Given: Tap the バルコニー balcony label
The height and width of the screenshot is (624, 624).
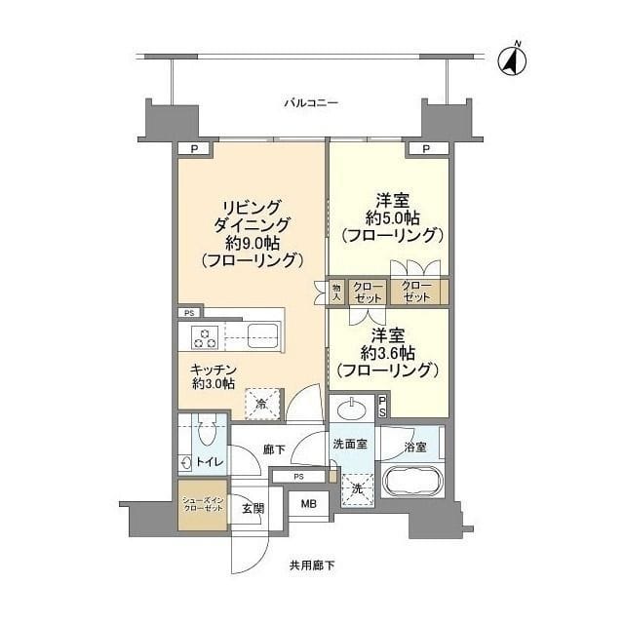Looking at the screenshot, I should pyautogui.click(x=311, y=101).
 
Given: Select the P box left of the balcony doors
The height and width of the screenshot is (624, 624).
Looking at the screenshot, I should pyautogui.click(x=194, y=148).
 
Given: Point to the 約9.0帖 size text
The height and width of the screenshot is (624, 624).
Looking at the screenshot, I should pyautogui.click(x=252, y=244).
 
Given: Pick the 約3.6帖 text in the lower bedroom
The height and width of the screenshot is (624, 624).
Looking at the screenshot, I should pyautogui.click(x=388, y=352).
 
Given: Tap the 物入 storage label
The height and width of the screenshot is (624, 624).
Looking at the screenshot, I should pyautogui.click(x=335, y=292).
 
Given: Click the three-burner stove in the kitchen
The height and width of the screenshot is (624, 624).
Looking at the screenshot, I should pyautogui.click(x=206, y=337).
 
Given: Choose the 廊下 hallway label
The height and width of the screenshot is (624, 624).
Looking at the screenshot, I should pyautogui.click(x=274, y=450).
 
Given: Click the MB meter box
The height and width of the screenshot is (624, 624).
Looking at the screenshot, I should pyautogui.click(x=308, y=504).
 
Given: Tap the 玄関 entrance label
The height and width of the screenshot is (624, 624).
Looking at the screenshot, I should pyautogui.click(x=253, y=508).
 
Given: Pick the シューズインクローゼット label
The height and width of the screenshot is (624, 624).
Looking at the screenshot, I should pyautogui.click(x=202, y=505).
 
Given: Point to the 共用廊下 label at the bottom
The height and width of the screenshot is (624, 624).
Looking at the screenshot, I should pyautogui.click(x=311, y=565).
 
